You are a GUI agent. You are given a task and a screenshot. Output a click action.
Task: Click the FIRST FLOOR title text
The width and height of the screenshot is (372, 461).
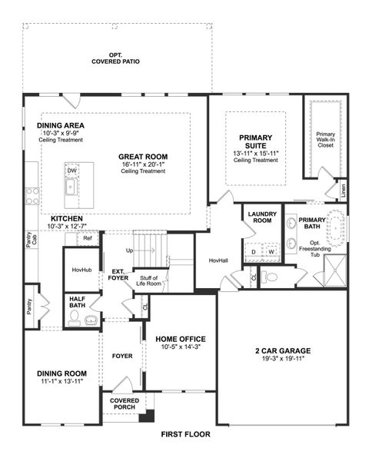click(185, 435)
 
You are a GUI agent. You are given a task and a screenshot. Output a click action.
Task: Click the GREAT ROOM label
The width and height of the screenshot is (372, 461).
click(143, 155)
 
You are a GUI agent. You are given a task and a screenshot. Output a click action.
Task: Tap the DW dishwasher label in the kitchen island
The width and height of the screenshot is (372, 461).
click(71, 171)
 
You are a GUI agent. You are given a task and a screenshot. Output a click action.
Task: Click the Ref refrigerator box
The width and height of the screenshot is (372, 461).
click(88, 238)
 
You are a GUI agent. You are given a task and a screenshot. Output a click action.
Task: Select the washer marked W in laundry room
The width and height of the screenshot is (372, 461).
click(271, 251)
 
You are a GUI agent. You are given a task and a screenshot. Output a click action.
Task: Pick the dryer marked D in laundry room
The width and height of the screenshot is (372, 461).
click(254, 251)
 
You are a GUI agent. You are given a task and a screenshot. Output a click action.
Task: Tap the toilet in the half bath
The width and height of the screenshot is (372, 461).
click(92, 320)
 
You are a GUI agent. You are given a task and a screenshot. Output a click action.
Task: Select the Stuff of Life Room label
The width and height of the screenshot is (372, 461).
click(148, 280)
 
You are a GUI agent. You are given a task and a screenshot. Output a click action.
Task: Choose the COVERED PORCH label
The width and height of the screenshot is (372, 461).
click(123, 404)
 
